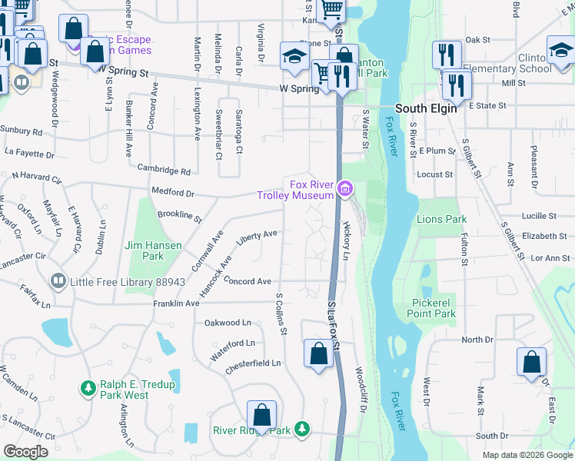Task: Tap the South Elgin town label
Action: coord(427,108)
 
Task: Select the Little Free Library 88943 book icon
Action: coord(58,282)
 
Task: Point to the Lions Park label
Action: coord(441,219)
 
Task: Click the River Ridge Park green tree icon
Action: coord(303,428)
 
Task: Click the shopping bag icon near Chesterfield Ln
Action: coord(318,354)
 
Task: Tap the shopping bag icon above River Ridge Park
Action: coord(261,415)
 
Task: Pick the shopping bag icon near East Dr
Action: coord(531,363)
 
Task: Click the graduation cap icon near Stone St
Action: coord(294,56)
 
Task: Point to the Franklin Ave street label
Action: coord(178,303)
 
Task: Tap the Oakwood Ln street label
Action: coord(228,323)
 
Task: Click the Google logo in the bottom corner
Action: coord(25,452)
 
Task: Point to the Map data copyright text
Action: coord(527,455)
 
